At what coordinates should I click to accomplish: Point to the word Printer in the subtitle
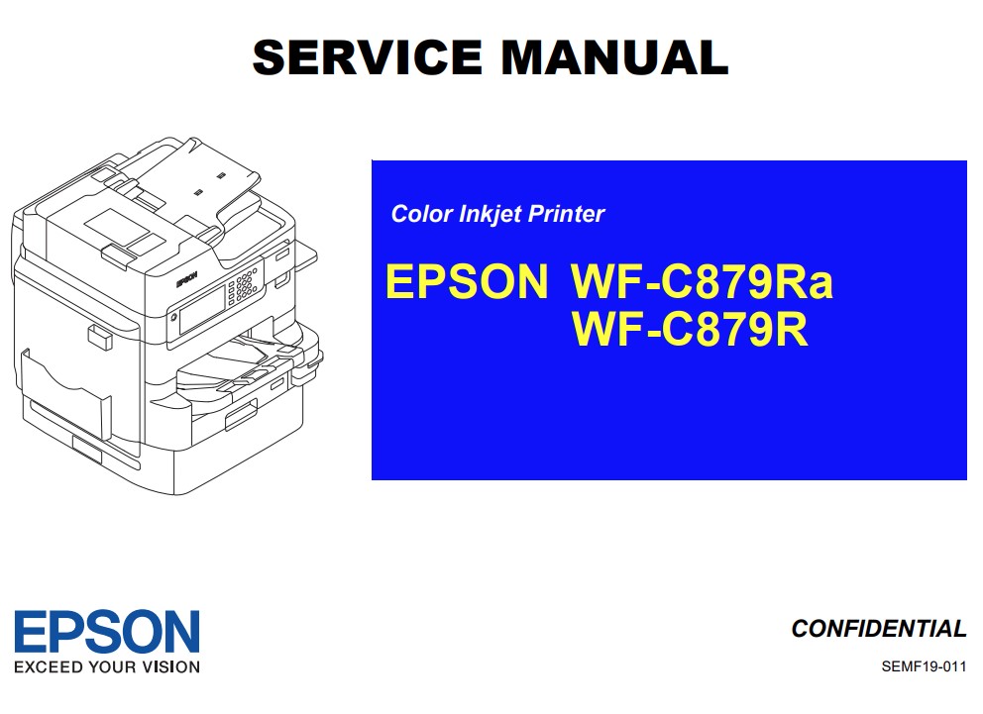tap(569, 214)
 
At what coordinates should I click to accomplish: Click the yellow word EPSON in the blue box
tap(466, 282)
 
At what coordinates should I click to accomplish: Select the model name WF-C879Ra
tap(702, 282)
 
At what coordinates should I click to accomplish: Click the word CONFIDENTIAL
tap(878, 629)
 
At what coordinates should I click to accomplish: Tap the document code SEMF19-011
tap(924, 666)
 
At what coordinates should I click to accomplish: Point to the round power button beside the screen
tap(173, 319)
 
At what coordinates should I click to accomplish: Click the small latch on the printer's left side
tap(99, 338)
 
